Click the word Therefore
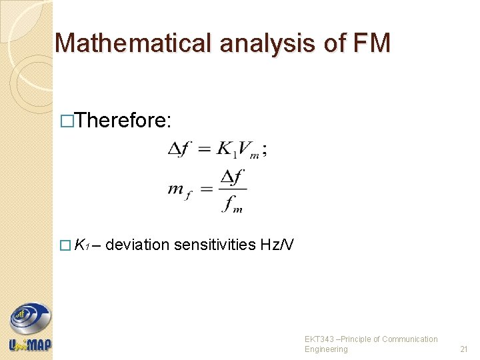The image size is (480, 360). [x=125, y=121]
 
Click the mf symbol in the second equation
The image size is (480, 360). [x=177, y=191]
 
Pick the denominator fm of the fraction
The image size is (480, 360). [x=233, y=204]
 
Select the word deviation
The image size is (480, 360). [x=137, y=245]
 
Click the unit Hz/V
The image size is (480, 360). [x=277, y=245]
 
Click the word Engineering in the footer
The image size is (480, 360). [x=326, y=349]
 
